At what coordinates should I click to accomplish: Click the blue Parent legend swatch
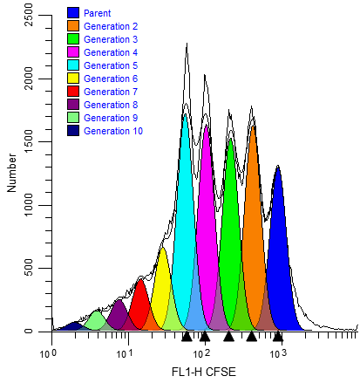(x=74, y=13)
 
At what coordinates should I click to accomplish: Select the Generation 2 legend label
(x=111, y=26)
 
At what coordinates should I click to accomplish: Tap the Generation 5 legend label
(x=111, y=65)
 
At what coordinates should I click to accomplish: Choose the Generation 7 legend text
(x=111, y=92)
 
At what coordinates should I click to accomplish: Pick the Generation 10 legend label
(x=113, y=131)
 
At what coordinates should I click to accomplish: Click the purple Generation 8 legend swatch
(x=74, y=105)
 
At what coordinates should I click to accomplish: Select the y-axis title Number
(x=12, y=174)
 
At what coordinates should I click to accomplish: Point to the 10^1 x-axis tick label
(x=125, y=352)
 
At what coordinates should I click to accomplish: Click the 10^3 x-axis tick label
(x=277, y=352)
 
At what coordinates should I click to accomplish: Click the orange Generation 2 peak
(x=253, y=236)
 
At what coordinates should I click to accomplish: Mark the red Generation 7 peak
(x=139, y=305)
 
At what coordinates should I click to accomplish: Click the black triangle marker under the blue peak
(x=278, y=336)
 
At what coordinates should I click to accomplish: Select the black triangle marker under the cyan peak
(x=186, y=336)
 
